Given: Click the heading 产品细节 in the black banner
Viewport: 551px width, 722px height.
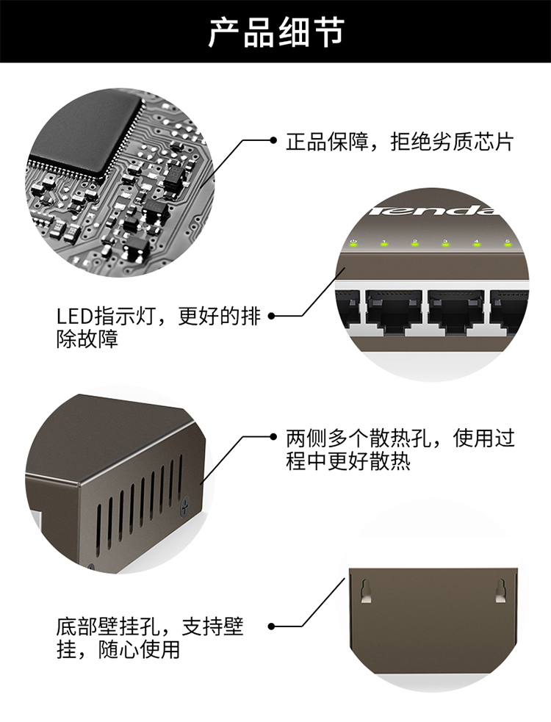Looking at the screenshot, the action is [276, 32].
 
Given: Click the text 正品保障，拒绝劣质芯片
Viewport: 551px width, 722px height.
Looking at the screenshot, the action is [400, 141].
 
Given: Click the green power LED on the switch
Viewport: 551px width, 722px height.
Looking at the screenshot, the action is [353, 244].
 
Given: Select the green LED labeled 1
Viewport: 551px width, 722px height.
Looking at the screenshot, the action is [383, 244].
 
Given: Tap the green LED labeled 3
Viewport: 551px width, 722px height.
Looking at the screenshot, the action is [445, 244].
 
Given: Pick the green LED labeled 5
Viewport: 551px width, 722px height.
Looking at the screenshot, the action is [508, 244].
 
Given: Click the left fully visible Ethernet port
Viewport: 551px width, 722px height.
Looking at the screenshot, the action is [393, 310].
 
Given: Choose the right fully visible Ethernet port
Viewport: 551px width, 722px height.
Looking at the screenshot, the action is [455, 310].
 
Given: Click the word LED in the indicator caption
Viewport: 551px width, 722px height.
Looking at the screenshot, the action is [75, 317].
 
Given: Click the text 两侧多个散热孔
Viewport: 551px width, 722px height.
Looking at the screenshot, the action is [359, 438].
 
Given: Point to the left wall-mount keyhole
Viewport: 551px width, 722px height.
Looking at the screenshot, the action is [366, 591].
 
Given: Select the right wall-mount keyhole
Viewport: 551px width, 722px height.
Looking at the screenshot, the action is [500, 591].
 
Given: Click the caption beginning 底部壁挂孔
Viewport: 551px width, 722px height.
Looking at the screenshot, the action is [150, 638].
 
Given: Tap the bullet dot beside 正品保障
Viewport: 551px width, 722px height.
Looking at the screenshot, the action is [273, 140].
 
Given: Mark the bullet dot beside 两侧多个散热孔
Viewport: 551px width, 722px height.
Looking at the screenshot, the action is [273, 436].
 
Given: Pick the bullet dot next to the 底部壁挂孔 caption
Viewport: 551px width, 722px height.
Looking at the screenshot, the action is [271, 627].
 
